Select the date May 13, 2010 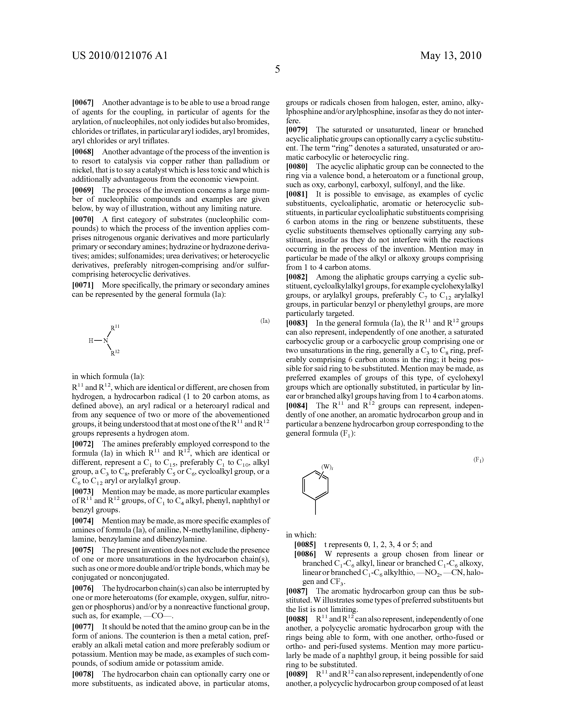(450, 55)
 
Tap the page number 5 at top (278, 69)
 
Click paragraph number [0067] (83, 103)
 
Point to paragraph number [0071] (83, 285)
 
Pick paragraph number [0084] (297, 405)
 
